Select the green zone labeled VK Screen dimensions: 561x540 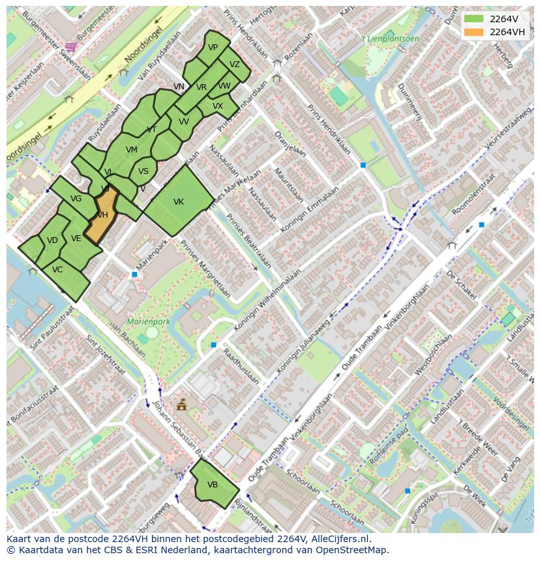tap(179, 202)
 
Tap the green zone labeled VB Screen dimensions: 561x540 tap(213, 485)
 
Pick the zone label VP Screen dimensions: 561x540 tap(213, 48)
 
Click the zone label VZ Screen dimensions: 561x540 tap(235, 65)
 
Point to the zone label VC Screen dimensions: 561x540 tap(57, 270)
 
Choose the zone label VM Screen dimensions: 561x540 tap(132, 150)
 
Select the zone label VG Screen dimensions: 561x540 tap(76, 199)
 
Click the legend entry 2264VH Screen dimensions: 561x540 tap(507, 32)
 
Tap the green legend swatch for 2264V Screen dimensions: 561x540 tap(473, 19)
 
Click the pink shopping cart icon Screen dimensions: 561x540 tap(70, 46)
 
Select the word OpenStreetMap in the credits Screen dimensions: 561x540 tap(352, 551)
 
